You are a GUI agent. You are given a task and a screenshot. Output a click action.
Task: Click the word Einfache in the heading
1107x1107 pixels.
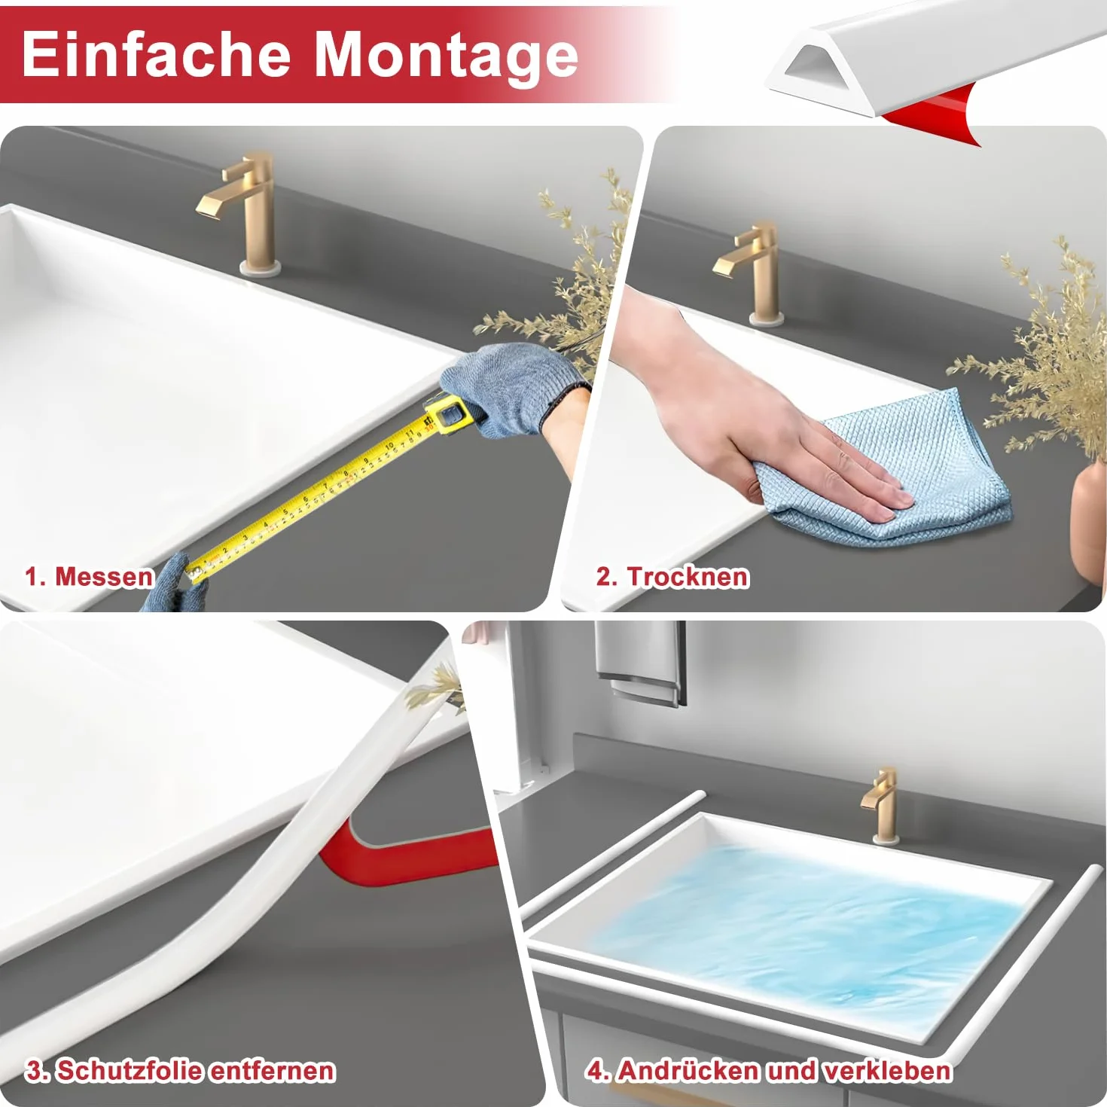pos(156,55)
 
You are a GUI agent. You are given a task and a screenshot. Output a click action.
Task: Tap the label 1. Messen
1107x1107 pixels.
pos(89,577)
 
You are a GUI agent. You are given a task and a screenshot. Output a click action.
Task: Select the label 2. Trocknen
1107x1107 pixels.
pos(672,577)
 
